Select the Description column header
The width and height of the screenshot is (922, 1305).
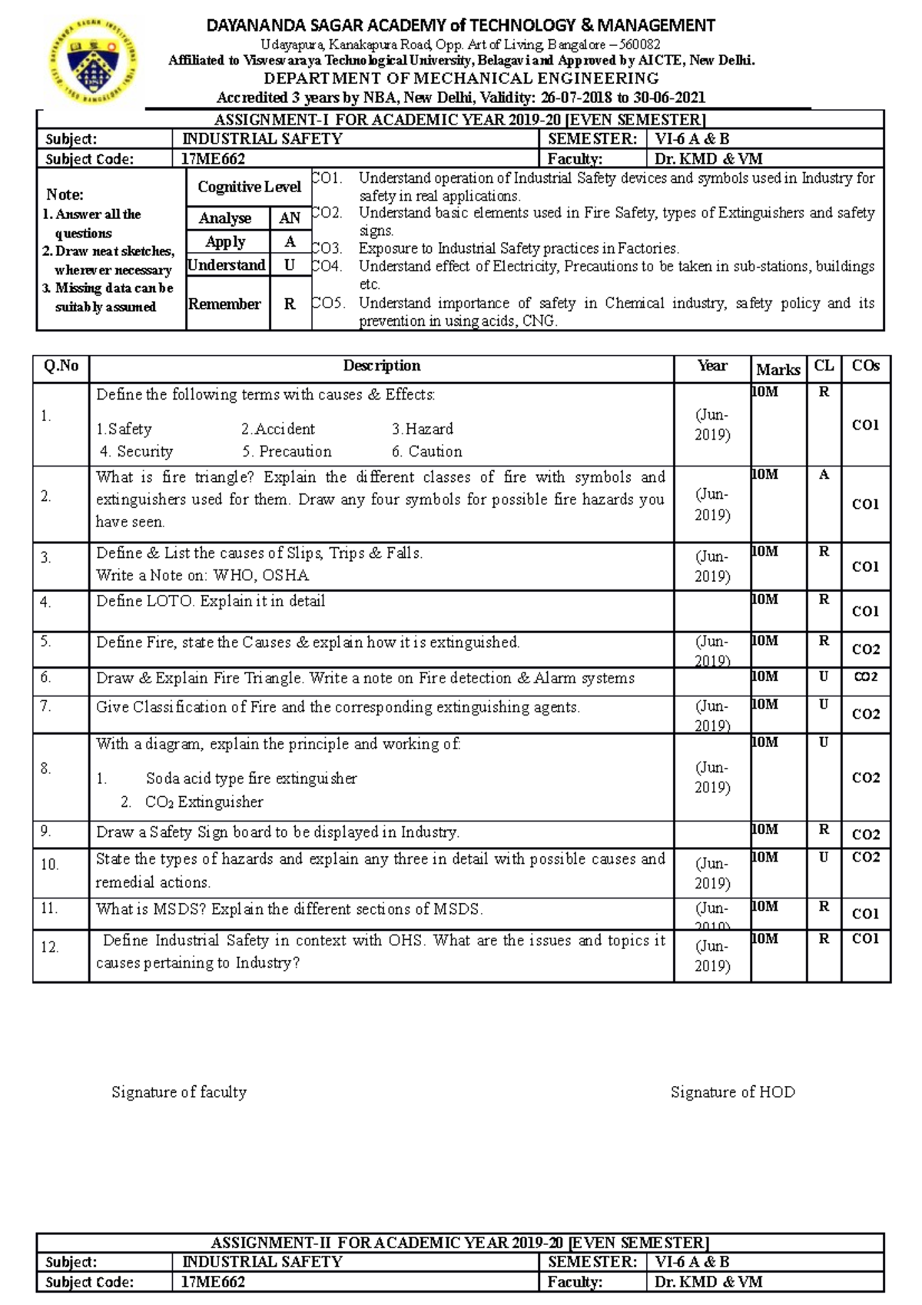[x=382, y=366]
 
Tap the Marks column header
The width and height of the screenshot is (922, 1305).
[x=778, y=370]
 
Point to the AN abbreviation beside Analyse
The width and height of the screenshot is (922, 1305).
[x=290, y=218]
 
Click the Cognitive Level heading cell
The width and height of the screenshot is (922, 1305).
[x=249, y=187]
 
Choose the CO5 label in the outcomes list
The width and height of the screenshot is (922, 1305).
[x=329, y=304]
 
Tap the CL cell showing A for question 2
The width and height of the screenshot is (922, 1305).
[x=824, y=476]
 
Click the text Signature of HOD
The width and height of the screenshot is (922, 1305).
[x=732, y=1092]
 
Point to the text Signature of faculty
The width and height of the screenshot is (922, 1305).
[x=179, y=1092]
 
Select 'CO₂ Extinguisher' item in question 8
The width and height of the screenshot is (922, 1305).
[x=204, y=802]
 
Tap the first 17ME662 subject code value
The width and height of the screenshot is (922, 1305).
[x=213, y=159]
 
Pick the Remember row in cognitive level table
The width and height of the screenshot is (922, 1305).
[x=224, y=304]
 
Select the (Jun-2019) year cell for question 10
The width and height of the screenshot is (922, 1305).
[x=712, y=873]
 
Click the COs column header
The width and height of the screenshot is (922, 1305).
[x=865, y=367]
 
